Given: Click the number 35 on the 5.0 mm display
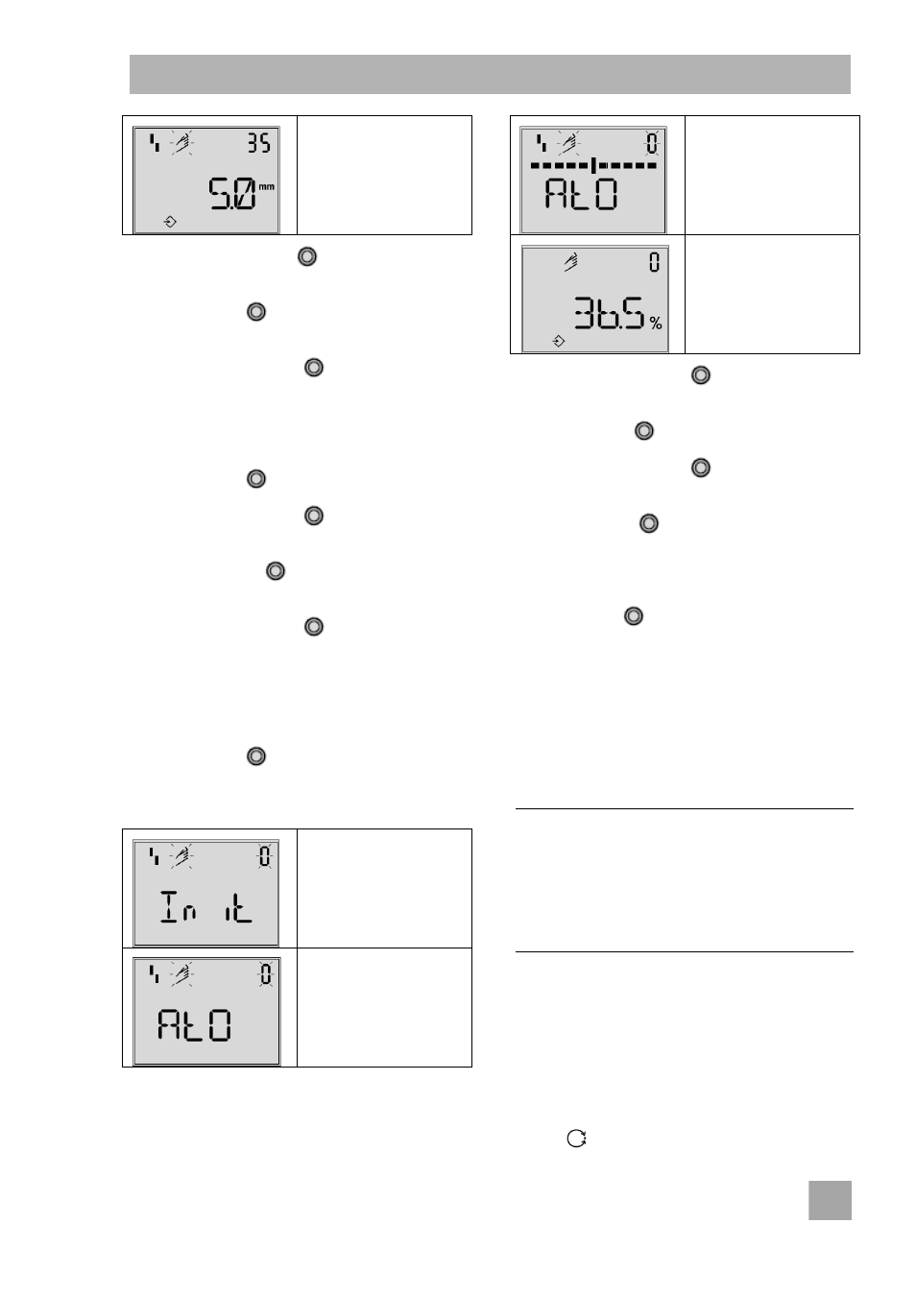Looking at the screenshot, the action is (258, 143).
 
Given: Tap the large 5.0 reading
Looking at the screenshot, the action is (231, 194).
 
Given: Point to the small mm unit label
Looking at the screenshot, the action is (266, 187).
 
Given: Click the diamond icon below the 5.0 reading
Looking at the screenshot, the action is (170, 222).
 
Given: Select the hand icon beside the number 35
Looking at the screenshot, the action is (181, 143).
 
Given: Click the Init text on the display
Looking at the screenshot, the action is (206, 906).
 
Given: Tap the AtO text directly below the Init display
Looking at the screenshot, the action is (194, 1025).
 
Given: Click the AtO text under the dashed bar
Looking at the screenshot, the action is (581, 194).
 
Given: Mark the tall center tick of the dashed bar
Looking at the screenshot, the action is (593, 165).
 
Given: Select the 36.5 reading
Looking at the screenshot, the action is (609, 313).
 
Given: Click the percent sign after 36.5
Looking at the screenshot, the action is (655, 324).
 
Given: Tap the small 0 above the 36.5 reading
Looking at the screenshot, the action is (654, 262).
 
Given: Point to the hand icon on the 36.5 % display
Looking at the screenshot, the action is (570, 261).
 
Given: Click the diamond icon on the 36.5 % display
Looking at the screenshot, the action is (559, 342).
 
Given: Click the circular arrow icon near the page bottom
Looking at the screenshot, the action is (576, 1139).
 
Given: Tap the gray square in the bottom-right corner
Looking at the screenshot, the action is (830, 1201).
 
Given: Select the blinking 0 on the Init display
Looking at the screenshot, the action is (264, 856).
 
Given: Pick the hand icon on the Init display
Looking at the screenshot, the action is (181, 856).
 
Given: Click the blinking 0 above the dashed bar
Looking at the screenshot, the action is (652, 143).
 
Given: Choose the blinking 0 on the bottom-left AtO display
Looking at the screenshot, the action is (265, 974).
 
